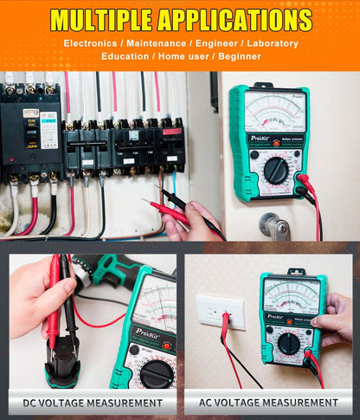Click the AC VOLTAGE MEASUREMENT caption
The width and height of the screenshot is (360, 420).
(x=269, y=402)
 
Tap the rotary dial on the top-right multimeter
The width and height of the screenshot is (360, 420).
(x=276, y=170)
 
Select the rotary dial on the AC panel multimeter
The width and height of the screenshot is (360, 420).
(x=289, y=344)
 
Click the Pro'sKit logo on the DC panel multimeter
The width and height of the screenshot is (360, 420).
(x=128, y=331)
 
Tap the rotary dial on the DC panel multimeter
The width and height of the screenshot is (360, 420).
(x=156, y=372)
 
